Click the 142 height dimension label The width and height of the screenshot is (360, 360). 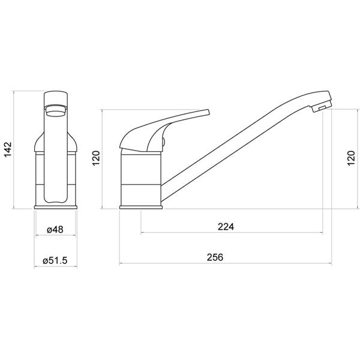pyautogui.click(x=8, y=149)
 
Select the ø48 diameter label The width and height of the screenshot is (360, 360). pyautogui.click(x=55, y=229)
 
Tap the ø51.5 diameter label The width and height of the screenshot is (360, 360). pyautogui.click(x=55, y=260)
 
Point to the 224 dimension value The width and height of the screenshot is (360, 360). pyautogui.click(x=226, y=227)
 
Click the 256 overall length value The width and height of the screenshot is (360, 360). pyautogui.click(x=215, y=257)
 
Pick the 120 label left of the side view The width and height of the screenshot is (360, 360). pyautogui.click(x=96, y=158)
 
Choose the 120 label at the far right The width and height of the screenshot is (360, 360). pyautogui.click(x=351, y=158)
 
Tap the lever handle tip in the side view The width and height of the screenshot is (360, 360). pyautogui.click(x=208, y=112)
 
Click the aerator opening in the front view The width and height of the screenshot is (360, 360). pyautogui.click(x=56, y=110)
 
